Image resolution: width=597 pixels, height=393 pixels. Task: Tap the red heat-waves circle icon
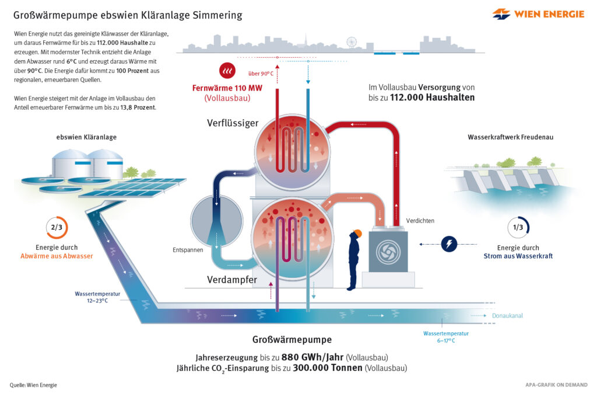227,71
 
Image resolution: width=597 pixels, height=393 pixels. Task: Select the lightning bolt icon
449,244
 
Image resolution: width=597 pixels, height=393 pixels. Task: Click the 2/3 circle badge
57,228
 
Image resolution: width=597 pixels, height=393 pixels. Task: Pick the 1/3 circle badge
517,228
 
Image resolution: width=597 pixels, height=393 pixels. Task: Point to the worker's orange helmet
357,233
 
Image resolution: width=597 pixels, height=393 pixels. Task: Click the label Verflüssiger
233,123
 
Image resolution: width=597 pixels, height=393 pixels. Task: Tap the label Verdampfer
232,280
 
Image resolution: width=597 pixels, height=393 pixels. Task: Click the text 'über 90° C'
261,74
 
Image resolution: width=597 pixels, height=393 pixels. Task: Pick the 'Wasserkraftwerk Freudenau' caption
510,137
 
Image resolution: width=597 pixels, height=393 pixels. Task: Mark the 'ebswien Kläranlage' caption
86,137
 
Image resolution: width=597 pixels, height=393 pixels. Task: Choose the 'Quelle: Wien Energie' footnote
33,385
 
